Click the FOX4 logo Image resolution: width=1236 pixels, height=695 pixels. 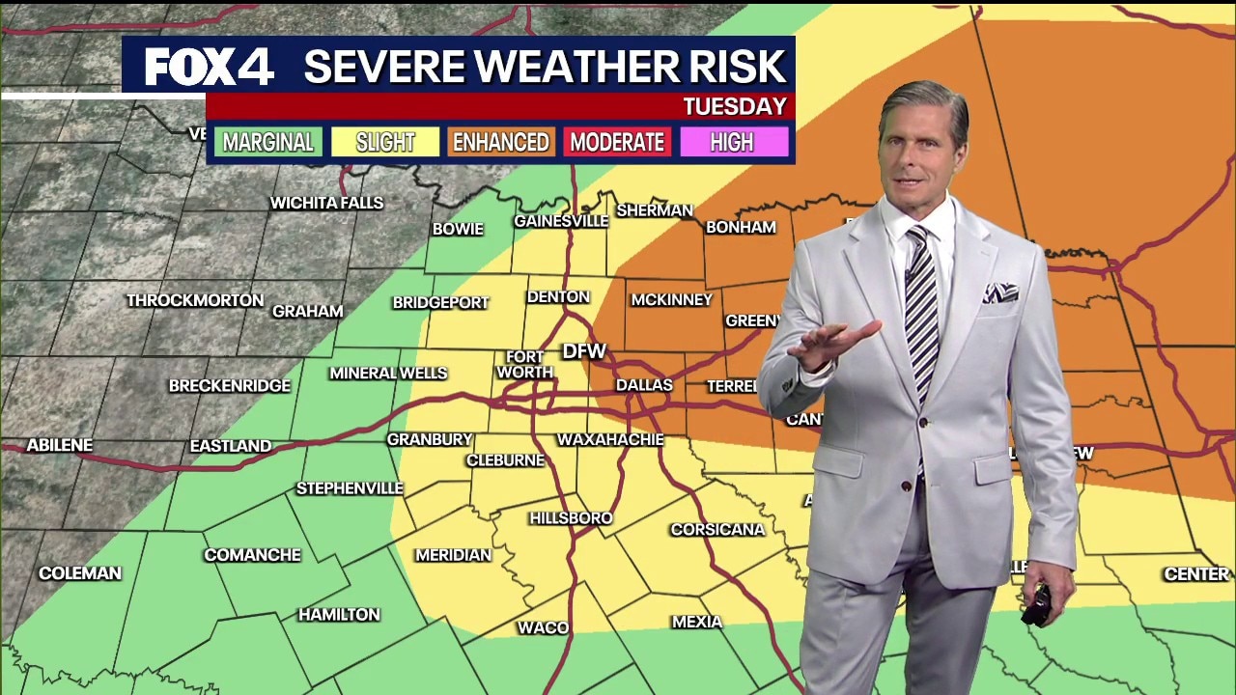(x=210, y=67)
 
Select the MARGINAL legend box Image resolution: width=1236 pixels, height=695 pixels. (x=268, y=142)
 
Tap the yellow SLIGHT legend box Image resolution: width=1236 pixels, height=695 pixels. (x=385, y=142)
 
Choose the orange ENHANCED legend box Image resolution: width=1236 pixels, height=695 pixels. (x=501, y=142)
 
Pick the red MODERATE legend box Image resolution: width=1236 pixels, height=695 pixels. (x=617, y=142)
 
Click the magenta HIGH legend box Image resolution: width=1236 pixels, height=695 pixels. (x=732, y=142)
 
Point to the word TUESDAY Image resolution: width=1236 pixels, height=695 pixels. (x=735, y=106)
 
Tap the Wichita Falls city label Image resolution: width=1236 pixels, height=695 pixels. (x=326, y=203)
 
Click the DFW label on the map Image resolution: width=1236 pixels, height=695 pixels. (x=584, y=351)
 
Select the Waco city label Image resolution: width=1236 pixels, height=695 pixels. (x=543, y=627)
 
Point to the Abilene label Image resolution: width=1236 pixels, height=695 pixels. (x=60, y=445)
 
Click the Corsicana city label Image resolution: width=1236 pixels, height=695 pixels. (x=717, y=529)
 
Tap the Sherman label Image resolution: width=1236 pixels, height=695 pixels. (x=655, y=209)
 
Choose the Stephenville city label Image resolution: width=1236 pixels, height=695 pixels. (x=350, y=488)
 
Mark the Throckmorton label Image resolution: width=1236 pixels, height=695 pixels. (x=195, y=300)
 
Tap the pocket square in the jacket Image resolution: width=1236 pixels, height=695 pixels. (x=1000, y=292)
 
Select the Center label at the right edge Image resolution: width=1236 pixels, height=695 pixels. (x=1196, y=573)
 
